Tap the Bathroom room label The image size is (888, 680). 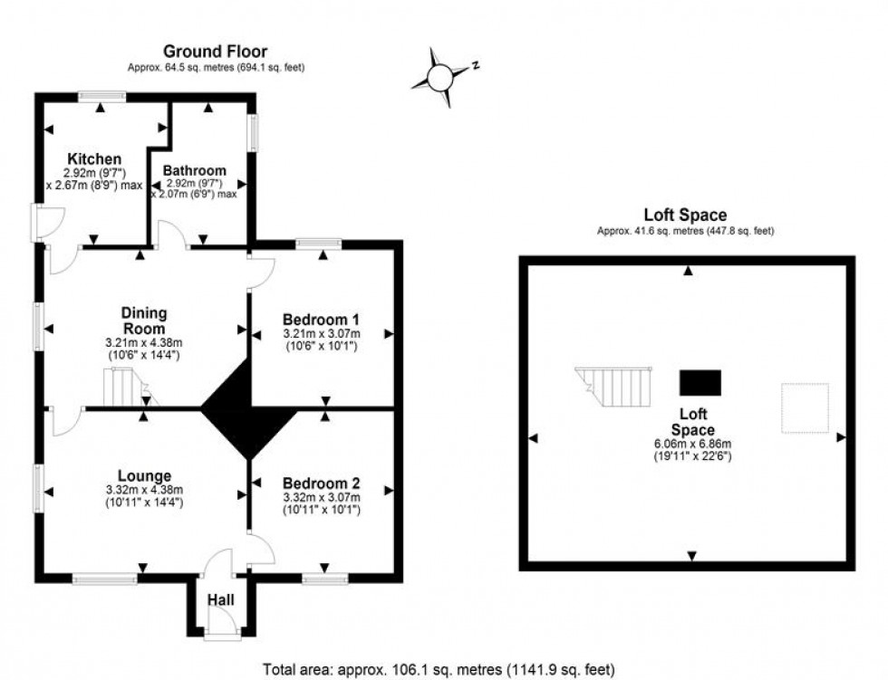click(x=194, y=170)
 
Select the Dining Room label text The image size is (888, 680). click(x=144, y=321)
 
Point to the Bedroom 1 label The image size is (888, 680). click(x=321, y=319)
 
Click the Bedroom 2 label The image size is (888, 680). click(x=321, y=482)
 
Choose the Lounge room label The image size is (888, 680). click(x=144, y=475)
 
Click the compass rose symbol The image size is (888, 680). click(x=439, y=79)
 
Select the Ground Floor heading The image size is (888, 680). click(x=215, y=52)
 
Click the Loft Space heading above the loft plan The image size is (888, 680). click(x=685, y=215)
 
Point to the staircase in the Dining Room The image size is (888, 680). click(x=121, y=390)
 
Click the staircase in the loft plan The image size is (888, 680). click(x=616, y=387)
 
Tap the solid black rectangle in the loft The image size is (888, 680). click(x=700, y=382)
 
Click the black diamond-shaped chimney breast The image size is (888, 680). click(x=248, y=408)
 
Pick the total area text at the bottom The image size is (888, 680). click(x=439, y=670)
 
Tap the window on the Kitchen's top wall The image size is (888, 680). click(x=101, y=95)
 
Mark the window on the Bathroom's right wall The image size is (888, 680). click(x=254, y=132)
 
